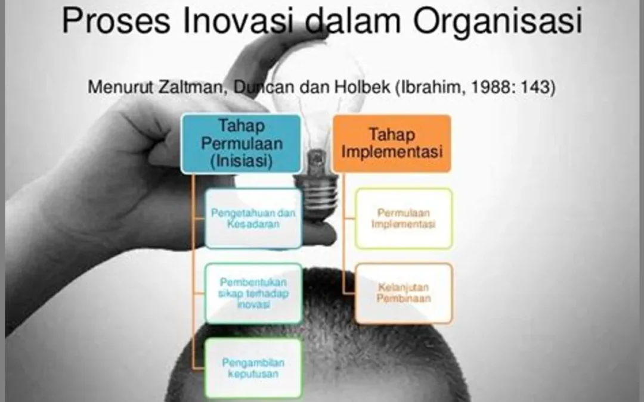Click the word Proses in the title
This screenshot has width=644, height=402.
(116, 20)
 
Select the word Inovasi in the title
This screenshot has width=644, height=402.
(238, 20)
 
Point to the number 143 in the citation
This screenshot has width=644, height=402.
(538, 87)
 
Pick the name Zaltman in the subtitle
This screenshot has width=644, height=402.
(193, 87)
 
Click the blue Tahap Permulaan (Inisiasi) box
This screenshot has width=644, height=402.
(241, 144)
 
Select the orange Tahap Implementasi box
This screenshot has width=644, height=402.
(392, 143)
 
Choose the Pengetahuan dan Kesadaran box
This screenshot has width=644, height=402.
(253, 219)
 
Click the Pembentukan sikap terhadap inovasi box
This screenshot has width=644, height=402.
(253, 293)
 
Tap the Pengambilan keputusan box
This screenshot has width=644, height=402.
(253, 368)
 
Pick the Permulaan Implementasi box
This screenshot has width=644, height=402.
(403, 219)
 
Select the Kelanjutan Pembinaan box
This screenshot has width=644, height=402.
(403, 293)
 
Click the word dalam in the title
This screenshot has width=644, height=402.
(353, 20)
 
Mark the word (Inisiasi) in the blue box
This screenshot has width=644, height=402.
(241, 160)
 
